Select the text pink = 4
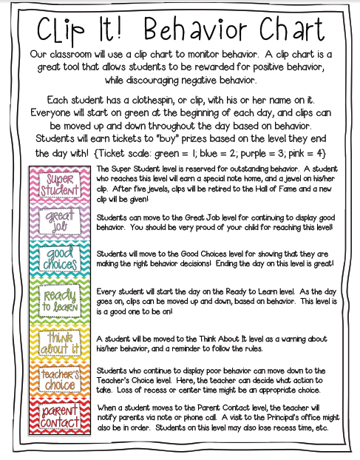tap(319, 152)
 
